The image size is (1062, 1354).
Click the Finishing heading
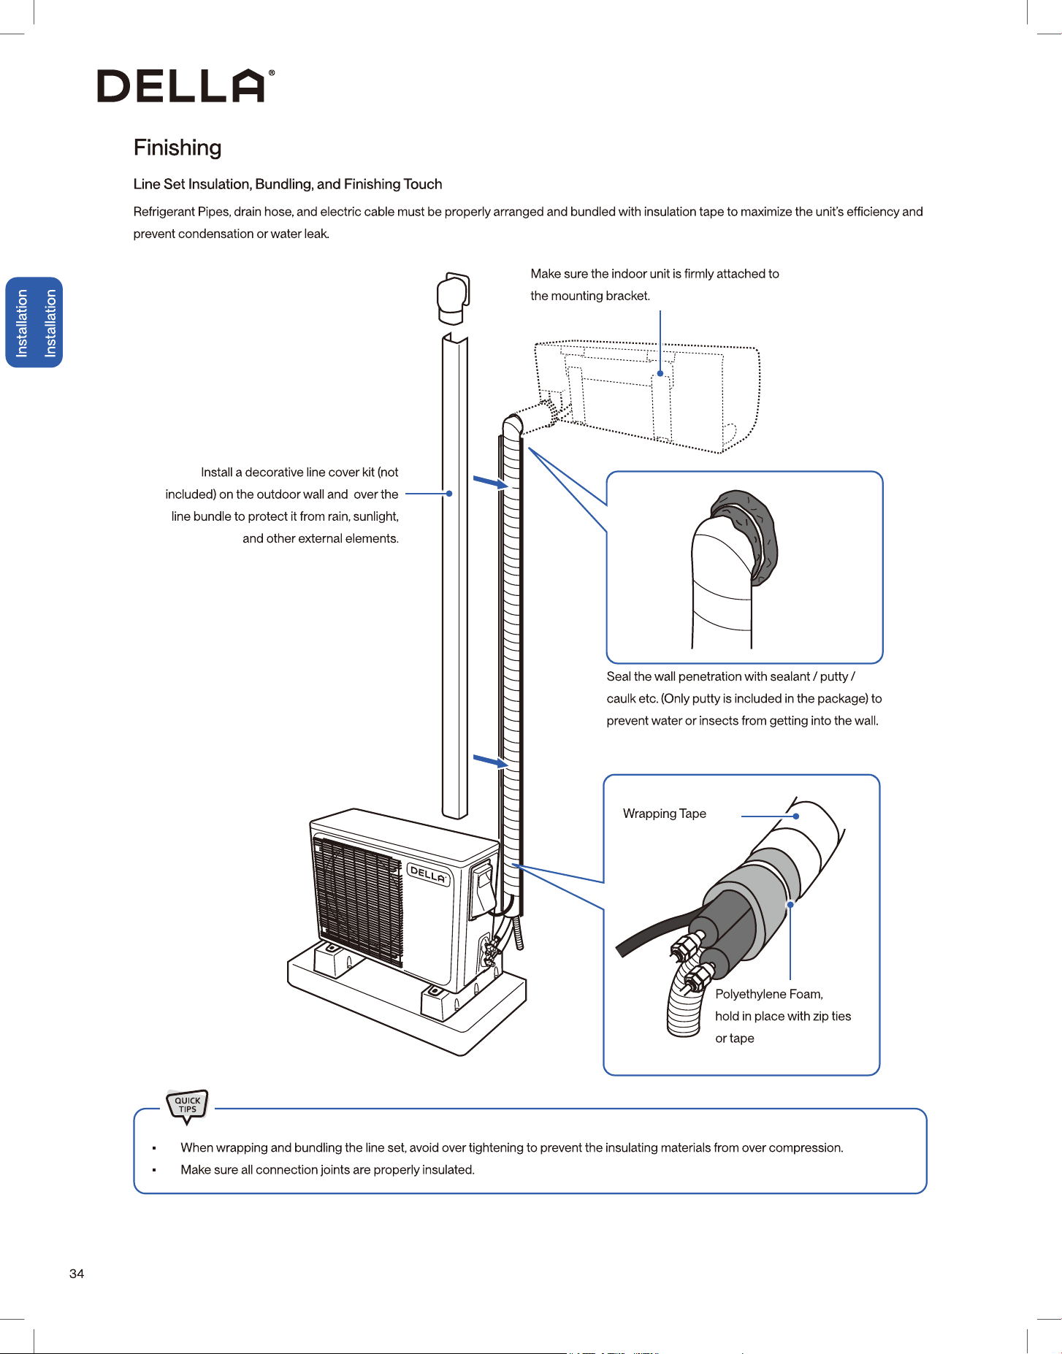[x=177, y=148]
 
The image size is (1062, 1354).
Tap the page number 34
[x=77, y=1274]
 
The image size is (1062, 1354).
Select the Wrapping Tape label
[x=665, y=814]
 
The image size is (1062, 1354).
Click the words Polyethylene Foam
[x=769, y=994]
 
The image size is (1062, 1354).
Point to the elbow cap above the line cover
[x=453, y=298]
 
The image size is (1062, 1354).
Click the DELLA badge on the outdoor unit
[x=429, y=873]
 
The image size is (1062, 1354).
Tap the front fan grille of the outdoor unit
[x=358, y=901]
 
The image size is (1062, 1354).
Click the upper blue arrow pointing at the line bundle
[x=490, y=482]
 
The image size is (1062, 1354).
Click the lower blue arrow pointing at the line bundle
[x=490, y=761]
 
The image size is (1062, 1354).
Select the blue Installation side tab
[x=34, y=322]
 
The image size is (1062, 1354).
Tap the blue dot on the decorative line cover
[x=449, y=494]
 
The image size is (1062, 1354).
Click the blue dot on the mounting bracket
[x=660, y=373]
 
